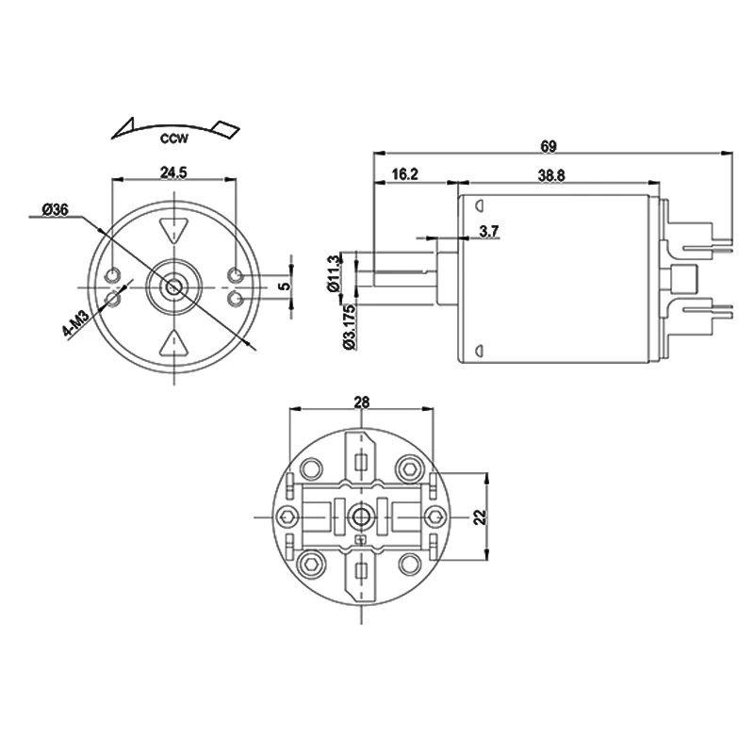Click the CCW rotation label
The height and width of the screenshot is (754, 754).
coord(174,140)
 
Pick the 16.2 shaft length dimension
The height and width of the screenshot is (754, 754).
coord(403,174)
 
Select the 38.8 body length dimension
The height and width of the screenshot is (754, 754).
coord(551,174)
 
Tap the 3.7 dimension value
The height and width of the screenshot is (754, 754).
coord(489,231)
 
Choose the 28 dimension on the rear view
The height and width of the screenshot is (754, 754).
coord(361,402)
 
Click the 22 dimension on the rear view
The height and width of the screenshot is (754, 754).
coord(479,516)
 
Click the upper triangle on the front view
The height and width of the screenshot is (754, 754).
coord(174,230)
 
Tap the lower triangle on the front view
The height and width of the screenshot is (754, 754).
coord(174,342)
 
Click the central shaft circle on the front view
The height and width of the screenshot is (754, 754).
coord(174,286)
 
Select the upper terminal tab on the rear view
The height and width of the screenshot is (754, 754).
coord(362,455)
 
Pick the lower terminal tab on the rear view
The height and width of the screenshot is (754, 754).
coord(362,577)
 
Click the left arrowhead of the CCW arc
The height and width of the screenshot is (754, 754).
coord(123,129)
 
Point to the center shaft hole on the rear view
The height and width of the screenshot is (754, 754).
coord(361,516)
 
